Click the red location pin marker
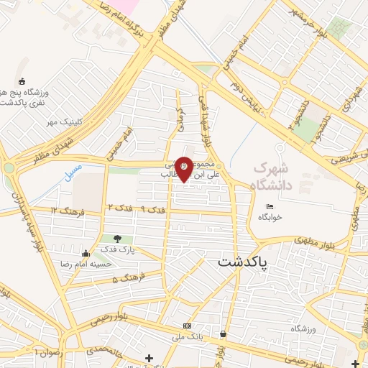(x=184, y=167)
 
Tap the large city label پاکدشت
(x=242, y=263)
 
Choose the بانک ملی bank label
(x=188, y=336)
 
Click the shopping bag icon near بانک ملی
(x=224, y=333)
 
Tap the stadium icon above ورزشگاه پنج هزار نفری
(x=22, y=81)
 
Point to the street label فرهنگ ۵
(x=128, y=277)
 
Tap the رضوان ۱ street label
(x=48, y=352)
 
